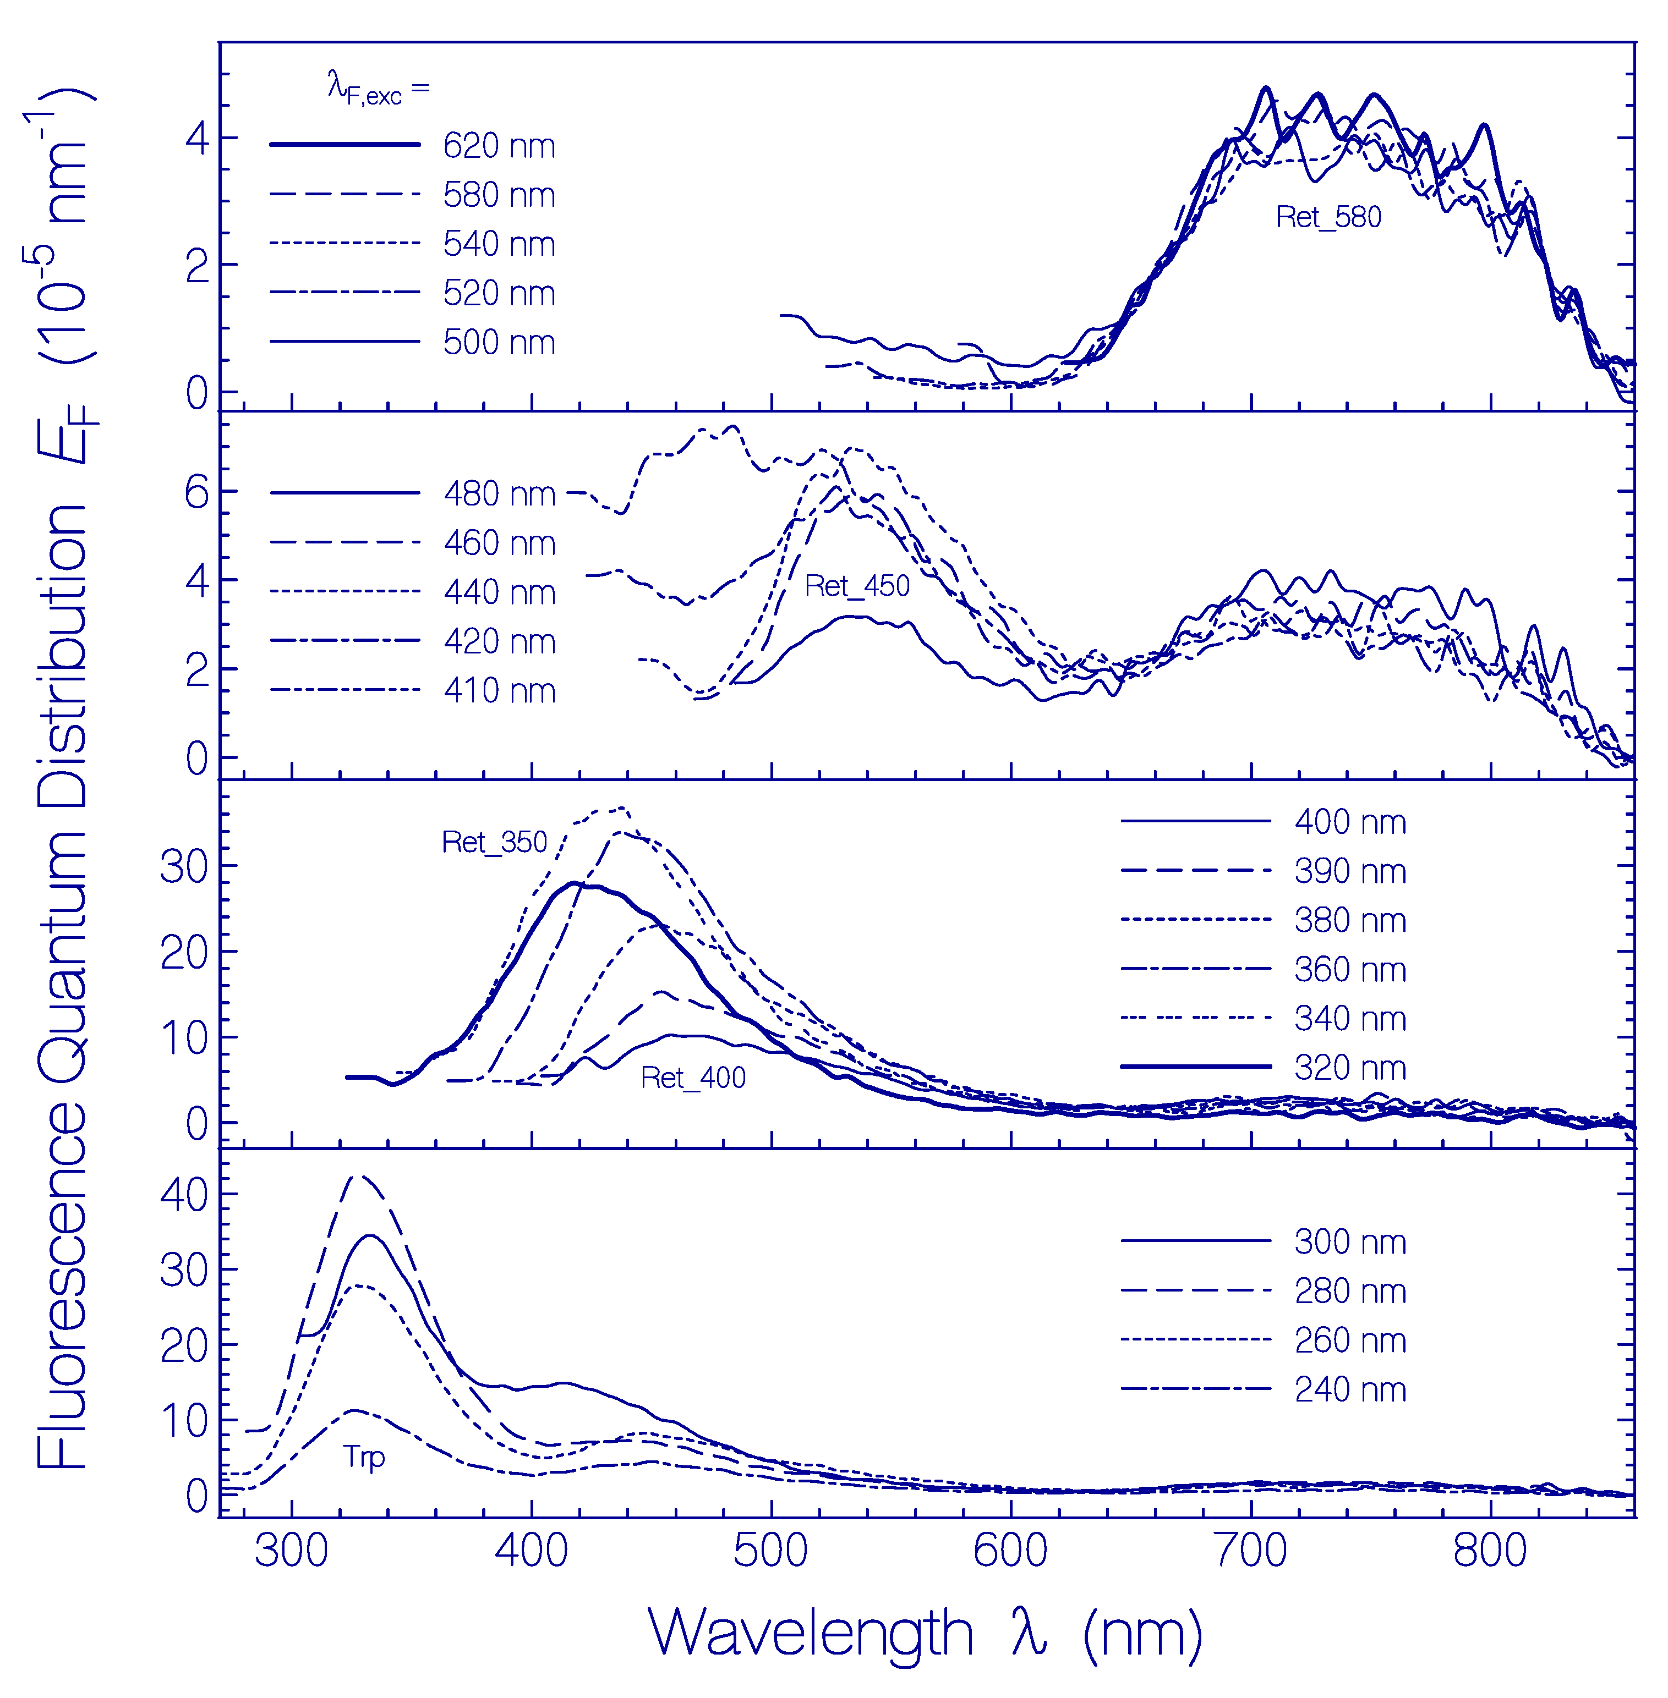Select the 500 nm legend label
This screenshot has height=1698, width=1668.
click(x=499, y=342)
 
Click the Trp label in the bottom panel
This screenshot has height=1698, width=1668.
click(x=364, y=1457)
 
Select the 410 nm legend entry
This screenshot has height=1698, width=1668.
click(x=499, y=690)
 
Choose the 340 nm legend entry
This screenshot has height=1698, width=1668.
click(x=1349, y=1019)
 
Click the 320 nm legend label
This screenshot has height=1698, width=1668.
click(x=1349, y=1068)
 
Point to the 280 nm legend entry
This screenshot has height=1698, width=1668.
click(x=1349, y=1291)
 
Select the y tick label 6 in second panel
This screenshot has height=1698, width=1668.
click(x=196, y=493)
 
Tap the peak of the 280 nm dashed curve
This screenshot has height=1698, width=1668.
click(x=359, y=1176)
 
